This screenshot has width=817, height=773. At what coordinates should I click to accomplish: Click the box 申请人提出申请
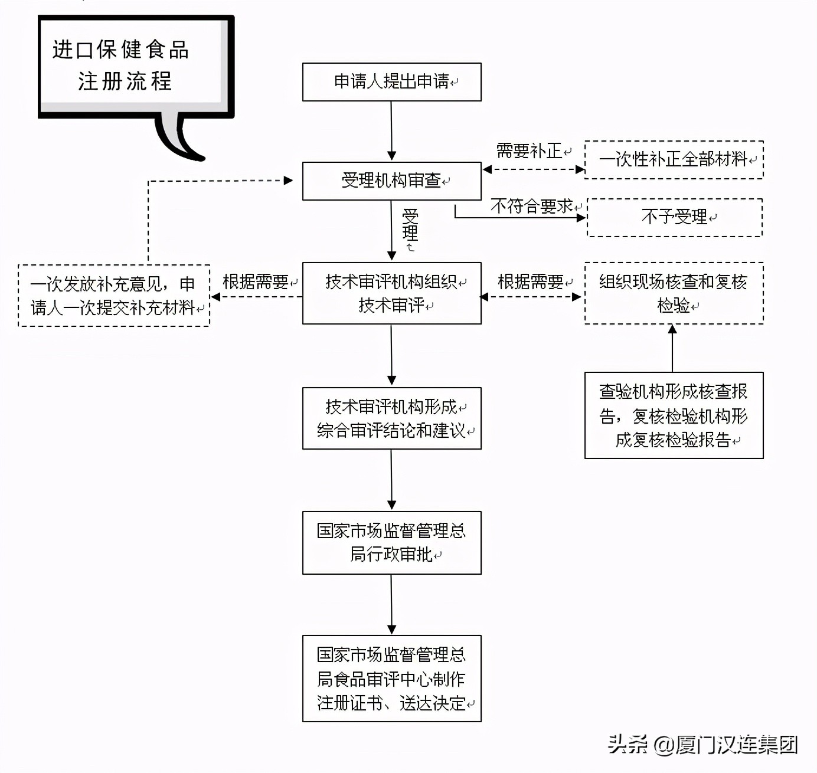coord(391,82)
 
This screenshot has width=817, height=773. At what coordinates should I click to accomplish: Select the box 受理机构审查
coord(391,181)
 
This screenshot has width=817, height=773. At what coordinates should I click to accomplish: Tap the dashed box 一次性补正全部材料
coord(674,159)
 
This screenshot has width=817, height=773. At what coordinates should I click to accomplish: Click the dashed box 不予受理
coord(675,218)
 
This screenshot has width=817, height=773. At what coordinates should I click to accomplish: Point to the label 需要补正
coord(529,151)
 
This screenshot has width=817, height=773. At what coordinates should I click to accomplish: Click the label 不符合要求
coord(531,206)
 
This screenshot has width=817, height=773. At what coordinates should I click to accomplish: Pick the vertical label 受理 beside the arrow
coord(410,225)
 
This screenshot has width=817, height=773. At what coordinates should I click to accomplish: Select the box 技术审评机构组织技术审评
coord(391,293)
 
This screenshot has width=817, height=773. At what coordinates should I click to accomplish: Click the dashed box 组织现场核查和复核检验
coord(674,293)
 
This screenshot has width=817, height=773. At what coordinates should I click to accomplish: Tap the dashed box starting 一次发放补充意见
coord(114,296)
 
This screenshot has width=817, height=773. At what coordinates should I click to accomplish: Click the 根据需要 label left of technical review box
coord(256,282)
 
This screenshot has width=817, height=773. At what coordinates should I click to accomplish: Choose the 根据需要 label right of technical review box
coord(531,282)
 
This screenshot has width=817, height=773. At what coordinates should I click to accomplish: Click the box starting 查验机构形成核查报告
coord(674,415)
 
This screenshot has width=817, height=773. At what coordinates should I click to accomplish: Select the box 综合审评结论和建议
coord(391,418)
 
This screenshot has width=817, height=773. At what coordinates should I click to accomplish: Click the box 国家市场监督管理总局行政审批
coord(391,543)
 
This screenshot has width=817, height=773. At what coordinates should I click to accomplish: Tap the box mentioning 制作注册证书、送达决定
coord(391,679)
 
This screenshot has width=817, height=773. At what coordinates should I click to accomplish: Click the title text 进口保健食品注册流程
coord(121,65)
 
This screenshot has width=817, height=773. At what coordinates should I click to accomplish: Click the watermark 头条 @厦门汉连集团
coord(702,745)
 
